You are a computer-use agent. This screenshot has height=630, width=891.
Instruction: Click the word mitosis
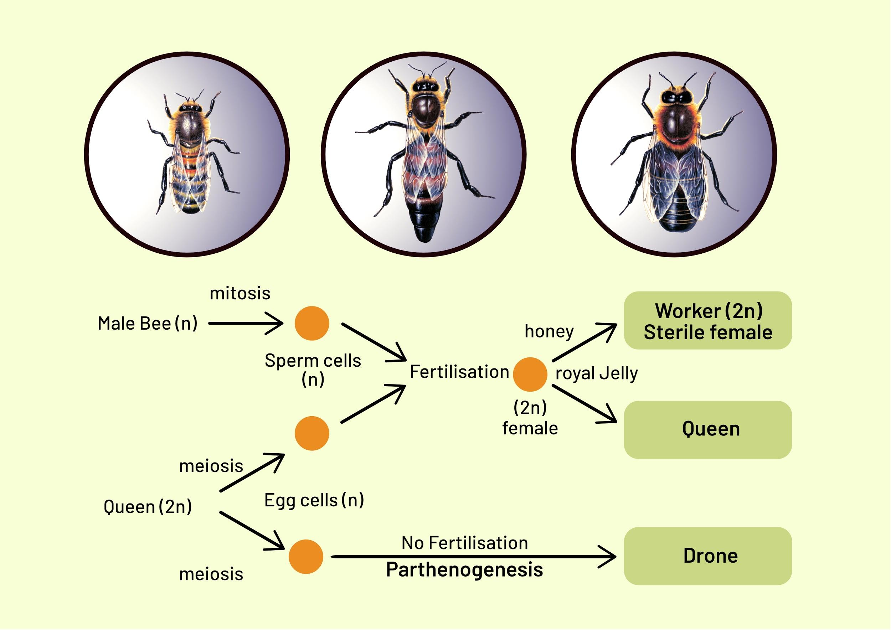(240, 293)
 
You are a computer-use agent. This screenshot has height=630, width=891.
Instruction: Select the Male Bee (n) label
(148, 324)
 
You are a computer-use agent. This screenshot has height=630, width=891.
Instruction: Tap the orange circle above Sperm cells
(311, 323)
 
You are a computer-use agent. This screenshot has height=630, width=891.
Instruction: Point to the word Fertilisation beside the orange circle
(459, 372)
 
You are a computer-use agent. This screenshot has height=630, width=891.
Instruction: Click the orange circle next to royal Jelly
(530, 374)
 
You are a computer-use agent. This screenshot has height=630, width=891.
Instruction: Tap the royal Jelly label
(597, 373)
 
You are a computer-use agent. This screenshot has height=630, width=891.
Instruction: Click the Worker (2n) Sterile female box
(707, 320)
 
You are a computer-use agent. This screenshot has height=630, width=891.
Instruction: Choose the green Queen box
(707, 429)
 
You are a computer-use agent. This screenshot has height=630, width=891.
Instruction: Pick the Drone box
(707, 556)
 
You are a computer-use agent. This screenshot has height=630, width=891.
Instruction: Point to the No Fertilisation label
(464, 543)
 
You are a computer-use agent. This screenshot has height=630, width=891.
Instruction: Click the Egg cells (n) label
(314, 500)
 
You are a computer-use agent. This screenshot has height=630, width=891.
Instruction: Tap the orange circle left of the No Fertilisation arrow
(306, 556)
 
